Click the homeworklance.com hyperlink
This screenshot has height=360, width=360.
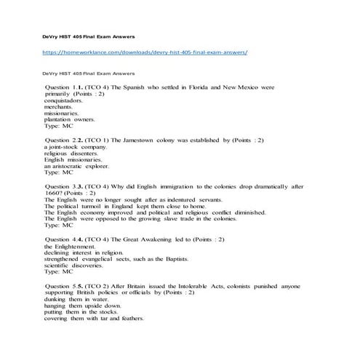(x=145, y=53)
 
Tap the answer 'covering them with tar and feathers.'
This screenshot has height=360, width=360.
(x=95, y=319)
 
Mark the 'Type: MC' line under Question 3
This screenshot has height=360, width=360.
(x=59, y=225)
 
